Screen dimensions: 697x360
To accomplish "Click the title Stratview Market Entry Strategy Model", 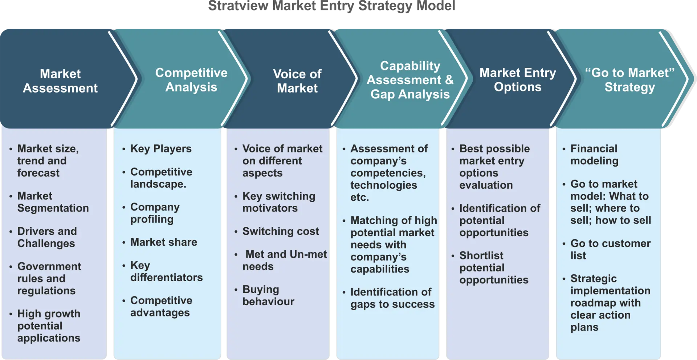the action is point(331,6).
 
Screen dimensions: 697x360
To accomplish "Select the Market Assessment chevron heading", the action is point(60,81).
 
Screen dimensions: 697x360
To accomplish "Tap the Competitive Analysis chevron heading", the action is point(191,80).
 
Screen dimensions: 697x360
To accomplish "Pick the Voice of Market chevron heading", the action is point(297,81).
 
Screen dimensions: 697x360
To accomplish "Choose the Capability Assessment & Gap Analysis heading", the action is point(410,80).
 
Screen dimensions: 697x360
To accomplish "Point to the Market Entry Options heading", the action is point(518,80).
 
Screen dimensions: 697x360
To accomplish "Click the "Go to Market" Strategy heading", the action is point(630,80).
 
